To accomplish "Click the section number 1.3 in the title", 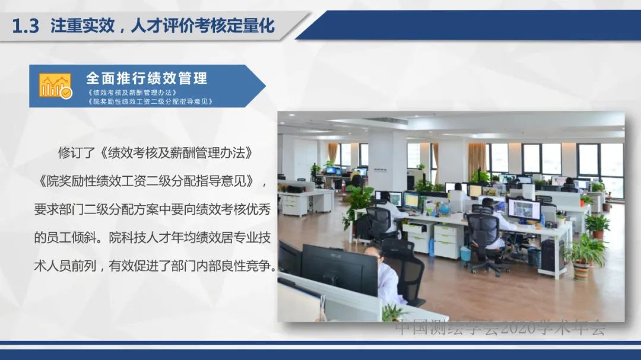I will (26, 26).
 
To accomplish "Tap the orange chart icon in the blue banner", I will (55, 86).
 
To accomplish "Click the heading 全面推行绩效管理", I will (147, 78).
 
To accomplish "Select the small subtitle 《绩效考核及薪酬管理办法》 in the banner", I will (132, 93).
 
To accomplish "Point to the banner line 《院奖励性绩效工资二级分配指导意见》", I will (149, 101).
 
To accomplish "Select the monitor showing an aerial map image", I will (523, 209).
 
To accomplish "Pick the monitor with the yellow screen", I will (411, 200).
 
